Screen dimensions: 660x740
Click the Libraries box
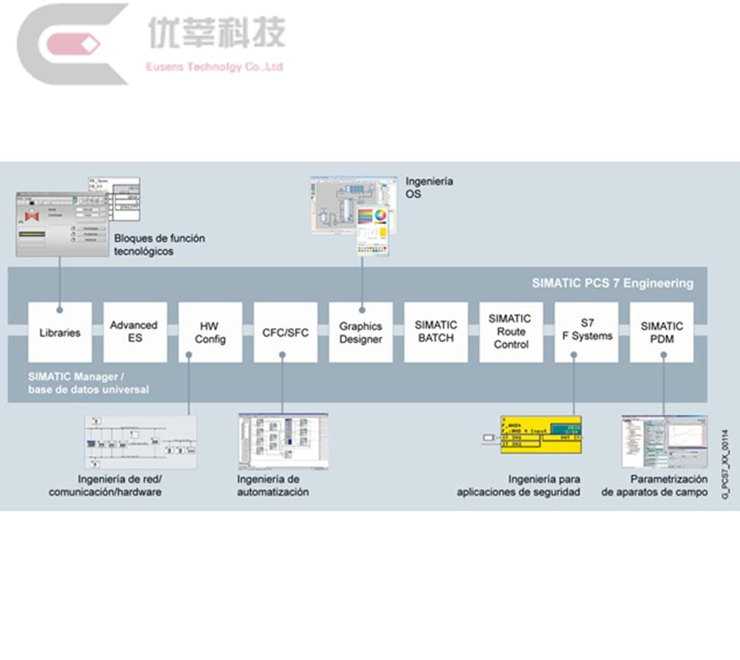60,332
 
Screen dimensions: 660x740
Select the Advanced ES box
134,332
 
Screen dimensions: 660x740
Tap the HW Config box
210,332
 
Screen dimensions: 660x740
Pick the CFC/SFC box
285,332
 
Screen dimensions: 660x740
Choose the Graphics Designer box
361,332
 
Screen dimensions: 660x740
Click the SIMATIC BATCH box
436,332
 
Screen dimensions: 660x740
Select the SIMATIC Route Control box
511,332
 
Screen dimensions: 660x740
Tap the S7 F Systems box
586,332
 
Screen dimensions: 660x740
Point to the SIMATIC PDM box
661,332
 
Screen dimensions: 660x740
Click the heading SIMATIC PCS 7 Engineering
612,284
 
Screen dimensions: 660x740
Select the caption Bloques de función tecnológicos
160,244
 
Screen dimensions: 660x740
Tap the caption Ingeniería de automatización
273,486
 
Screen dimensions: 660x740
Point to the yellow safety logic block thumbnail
540,435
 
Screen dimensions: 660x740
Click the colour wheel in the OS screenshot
381,216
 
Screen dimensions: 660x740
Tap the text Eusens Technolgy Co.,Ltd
214,67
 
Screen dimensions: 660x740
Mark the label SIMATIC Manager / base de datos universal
89,383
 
